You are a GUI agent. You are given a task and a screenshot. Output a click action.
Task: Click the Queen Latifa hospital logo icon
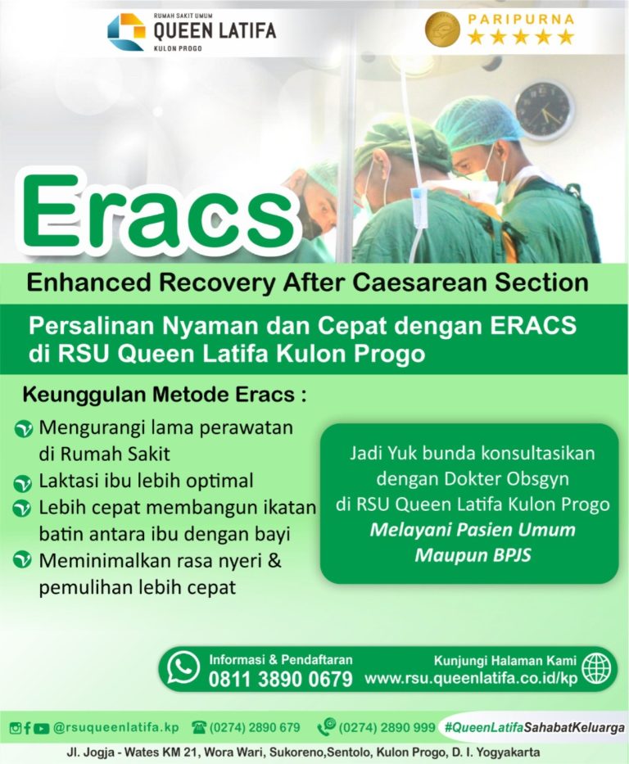(x=126, y=31)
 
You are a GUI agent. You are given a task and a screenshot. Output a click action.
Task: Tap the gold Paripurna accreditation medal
(x=442, y=29)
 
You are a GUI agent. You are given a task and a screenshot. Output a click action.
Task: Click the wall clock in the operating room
(x=545, y=111)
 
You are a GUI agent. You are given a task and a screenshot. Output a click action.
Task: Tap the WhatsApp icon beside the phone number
(x=183, y=668)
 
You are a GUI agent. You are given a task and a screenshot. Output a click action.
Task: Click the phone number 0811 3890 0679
(x=280, y=679)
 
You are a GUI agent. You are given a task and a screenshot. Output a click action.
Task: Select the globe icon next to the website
(x=595, y=668)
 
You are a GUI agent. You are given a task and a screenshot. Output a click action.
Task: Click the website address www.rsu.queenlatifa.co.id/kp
(x=471, y=679)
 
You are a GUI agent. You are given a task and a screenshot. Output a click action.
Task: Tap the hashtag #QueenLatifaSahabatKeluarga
(x=533, y=727)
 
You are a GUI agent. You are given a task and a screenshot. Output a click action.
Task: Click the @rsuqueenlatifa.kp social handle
(x=115, y=727)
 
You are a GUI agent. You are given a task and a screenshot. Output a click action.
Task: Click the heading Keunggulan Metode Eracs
(x=164, y=395)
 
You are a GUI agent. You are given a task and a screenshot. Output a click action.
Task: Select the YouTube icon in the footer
(x=42, y=728)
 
